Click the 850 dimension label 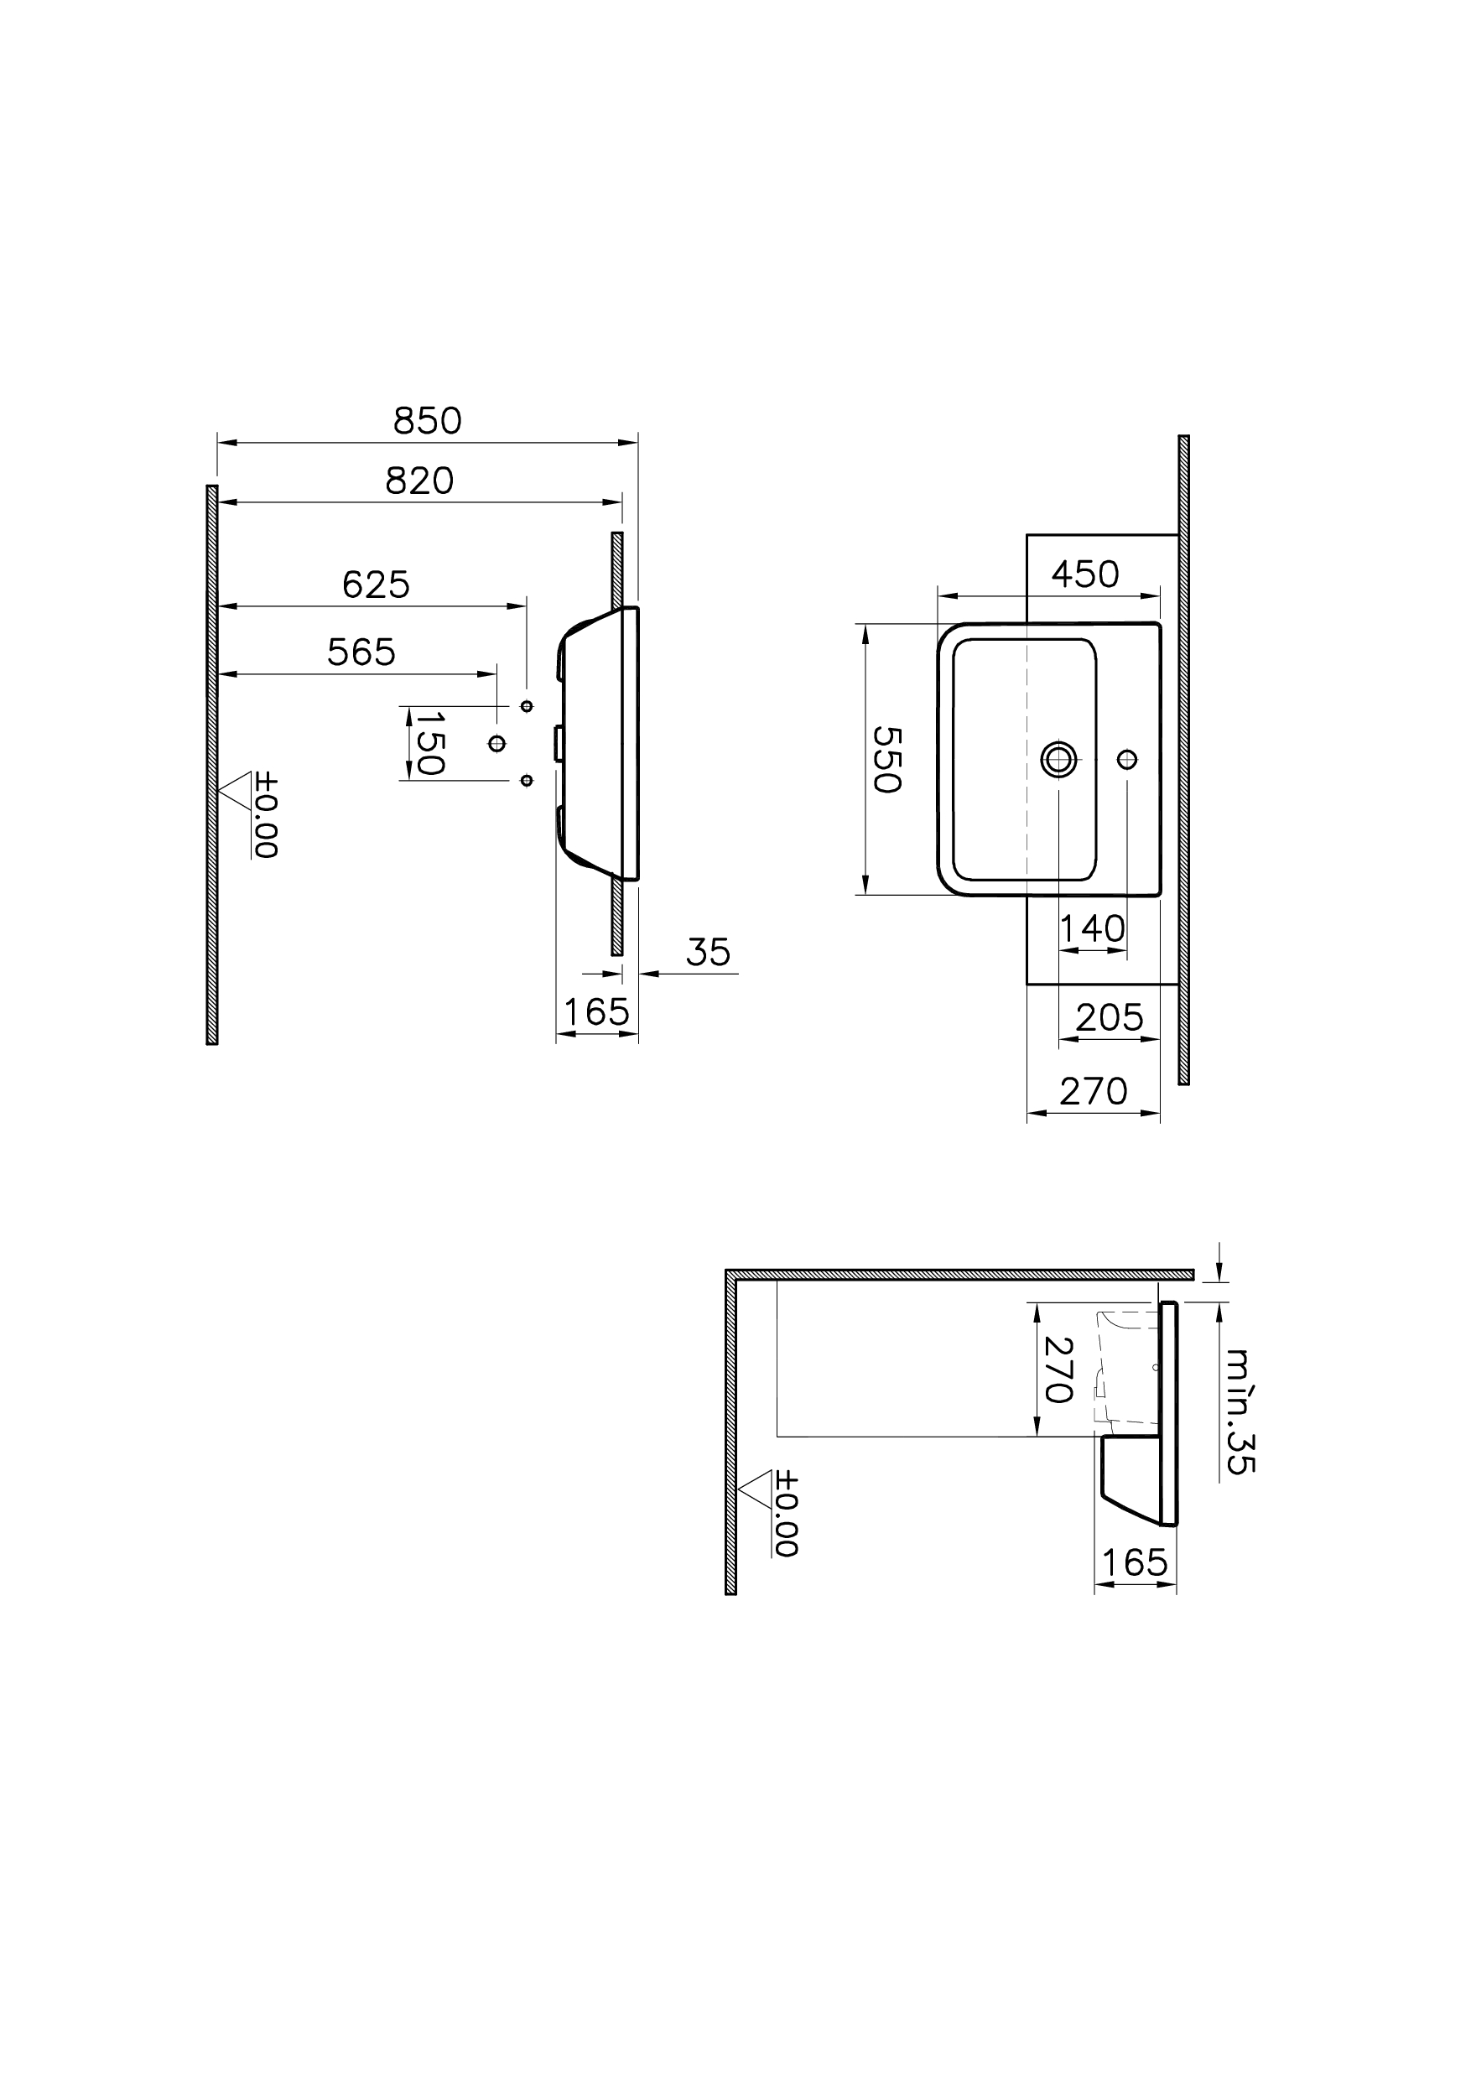(427, 420)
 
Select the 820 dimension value (419, 481)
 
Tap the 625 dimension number (376, 585)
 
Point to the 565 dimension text (361, 652)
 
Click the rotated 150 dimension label (429, 743)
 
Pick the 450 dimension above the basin (1085, 574)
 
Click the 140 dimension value (1093, 928)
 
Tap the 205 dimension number (1110, 1018)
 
